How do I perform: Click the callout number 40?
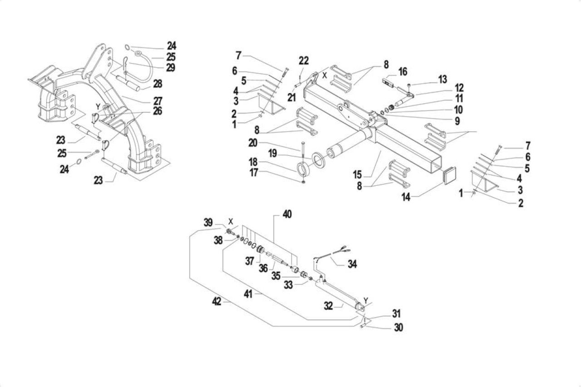pos(287,214)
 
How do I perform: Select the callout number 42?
pos(217,301)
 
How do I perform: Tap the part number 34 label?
pos(352,264)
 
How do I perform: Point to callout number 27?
pos(158,101)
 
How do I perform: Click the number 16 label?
pos(403,72)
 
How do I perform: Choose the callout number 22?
pos(304,61)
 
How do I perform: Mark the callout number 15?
pos(357,175)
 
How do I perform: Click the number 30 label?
pos(399,327)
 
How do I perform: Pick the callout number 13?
pos(443,79)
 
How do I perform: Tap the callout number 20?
pos(253,143)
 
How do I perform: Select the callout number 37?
pos(250,261)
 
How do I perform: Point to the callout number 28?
pos(158,84)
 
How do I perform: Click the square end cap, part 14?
pos(450,175)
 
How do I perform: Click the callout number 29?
pos(170,68)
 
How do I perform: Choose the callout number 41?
pos(248,294)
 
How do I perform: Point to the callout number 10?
pos(458,110)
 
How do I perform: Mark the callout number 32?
pos(328,306)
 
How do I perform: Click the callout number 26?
pos(158,111)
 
